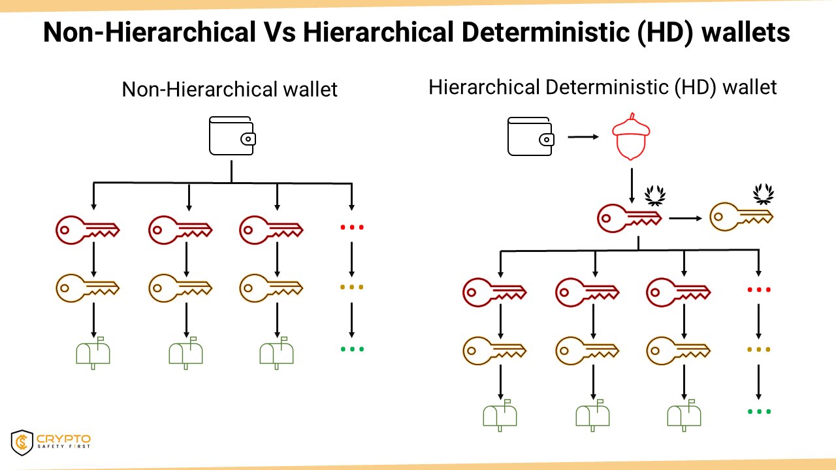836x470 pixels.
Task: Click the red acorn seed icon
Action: (x=632, y=136)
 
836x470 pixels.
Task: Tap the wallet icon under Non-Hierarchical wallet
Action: (x=232, y=136)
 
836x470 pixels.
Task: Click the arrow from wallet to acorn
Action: (x=583, y=137)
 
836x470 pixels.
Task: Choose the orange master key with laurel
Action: (x=741, y=217)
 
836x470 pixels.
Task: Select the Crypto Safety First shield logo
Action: (x=22, y=442)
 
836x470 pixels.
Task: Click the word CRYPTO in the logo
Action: (x=64, y=438)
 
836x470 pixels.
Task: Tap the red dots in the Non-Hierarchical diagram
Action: (x=352, y=227)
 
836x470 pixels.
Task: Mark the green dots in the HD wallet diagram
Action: (x=759, y=411)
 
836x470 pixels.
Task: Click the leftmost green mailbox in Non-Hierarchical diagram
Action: (x=93, y=352)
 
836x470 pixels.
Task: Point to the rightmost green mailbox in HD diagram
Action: (x=684, y=415)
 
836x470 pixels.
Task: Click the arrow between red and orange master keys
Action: (x=687, y=217)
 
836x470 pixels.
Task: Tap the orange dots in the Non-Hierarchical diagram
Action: (x=352, y=287)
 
